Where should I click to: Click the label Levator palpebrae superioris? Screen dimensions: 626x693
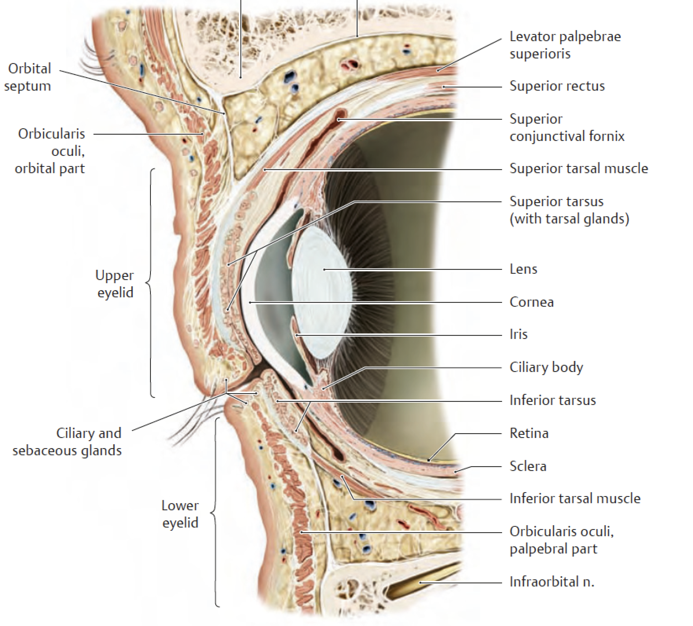click(x=565, y=45)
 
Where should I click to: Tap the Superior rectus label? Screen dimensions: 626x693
click(x=557, y=86)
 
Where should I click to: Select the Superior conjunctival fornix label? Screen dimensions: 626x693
click(x=567, y=128)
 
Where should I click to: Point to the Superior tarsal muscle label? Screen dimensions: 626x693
click(x=579, y=169)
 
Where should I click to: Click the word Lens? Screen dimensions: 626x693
click(x=523, y=269)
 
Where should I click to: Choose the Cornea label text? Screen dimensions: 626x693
click(x=531, y=302)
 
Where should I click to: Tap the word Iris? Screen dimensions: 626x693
click(x=518, y=334)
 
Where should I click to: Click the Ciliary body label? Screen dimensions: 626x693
click(x=546, y=367)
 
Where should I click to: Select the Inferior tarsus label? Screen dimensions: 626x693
click(x=552, y=400)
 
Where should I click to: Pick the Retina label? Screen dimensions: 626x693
click(x=529, y=433)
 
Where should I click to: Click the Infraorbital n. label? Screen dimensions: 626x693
click(x=552, y=582)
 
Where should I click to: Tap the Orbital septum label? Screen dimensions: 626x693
click(x=28, y=77)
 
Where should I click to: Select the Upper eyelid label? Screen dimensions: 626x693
click(x=114, y=284)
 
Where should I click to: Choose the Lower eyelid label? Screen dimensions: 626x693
click(x=180, y=514)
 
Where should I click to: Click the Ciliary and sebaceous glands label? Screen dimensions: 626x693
click(x=67, y=442)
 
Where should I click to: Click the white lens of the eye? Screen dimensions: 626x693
click(x=321, y=292)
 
